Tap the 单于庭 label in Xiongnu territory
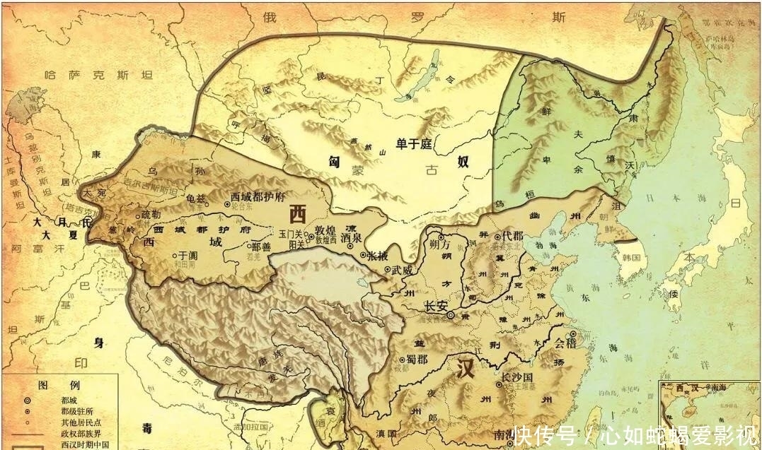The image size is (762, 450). [414, 144]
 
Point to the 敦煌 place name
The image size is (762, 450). [325, 230]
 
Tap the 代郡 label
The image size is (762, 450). [512, 237]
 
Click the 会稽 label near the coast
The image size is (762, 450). [565, 345]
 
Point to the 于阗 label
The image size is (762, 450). [187, 256]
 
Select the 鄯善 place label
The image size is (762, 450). [261, 247]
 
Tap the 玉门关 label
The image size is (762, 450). [291, 232]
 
